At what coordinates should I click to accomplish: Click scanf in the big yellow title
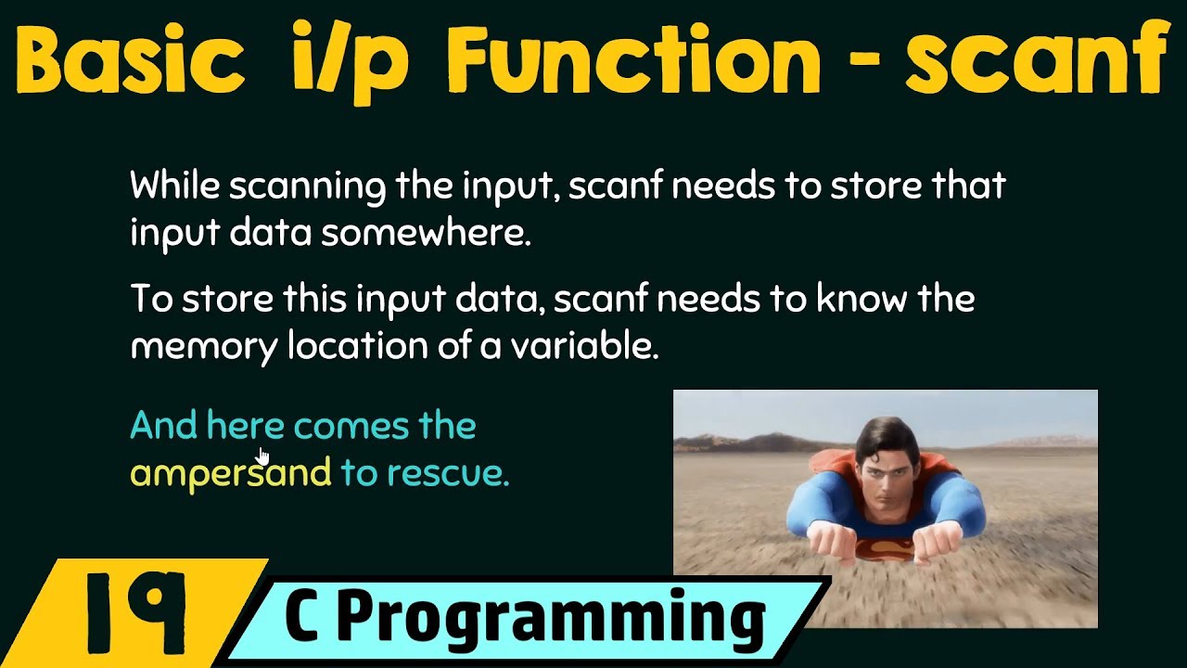pos(1035,59)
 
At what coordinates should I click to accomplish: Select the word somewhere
pos(426,234)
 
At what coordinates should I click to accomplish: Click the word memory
pos(204,347)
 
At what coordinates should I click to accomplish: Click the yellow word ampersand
pos(230,473)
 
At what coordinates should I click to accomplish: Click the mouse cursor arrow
pos(263,455)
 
